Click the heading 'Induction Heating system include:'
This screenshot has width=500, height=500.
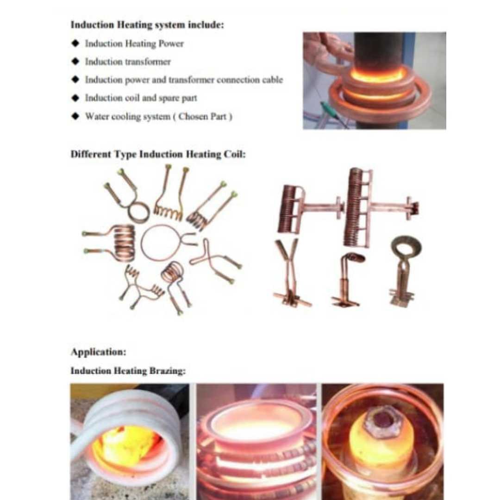tap(147, 25)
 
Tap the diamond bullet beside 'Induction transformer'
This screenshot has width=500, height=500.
tap(75, 61)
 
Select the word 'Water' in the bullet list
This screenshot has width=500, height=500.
tap(95, 116)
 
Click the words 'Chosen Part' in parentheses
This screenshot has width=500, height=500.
tap(202, 116)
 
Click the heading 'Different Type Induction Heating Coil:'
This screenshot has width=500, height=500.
tap(158, 154)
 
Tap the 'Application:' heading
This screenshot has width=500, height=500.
tap(99, 352)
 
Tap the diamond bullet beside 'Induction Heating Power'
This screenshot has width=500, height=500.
tap(75, 43)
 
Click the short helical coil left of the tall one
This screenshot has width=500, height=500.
tap(288, 209)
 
